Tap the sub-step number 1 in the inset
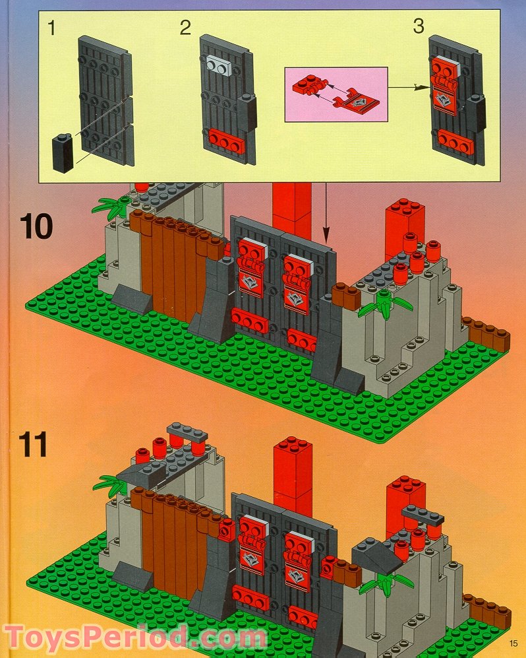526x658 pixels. coord(51,28)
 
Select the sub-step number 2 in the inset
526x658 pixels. coord(185,28)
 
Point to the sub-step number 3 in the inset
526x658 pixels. coord(419,27)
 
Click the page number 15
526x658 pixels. coord(513,644)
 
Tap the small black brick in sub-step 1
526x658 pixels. coord(63,152)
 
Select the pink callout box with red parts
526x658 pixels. coord(336,94)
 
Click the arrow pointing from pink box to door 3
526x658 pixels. coord(405,85)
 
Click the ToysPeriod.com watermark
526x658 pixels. coord(134,638)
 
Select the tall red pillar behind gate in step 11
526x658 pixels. coord(293,473)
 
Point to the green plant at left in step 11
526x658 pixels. coord(110,486)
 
